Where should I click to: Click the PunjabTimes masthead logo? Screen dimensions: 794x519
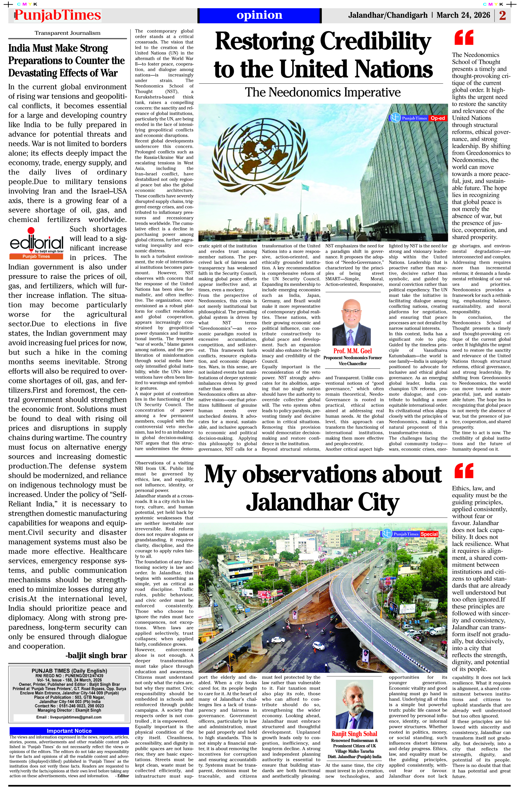point(57,15)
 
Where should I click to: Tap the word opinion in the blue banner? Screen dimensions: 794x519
point(259,15)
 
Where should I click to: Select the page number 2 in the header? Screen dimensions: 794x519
point(503,15)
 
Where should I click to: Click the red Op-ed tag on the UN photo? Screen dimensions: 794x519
point(438,118)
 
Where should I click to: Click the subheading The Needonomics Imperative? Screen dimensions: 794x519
point(323,92)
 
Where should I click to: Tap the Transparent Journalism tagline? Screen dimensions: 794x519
point(67,33)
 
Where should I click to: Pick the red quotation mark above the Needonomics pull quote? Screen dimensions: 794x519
point(464,37)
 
